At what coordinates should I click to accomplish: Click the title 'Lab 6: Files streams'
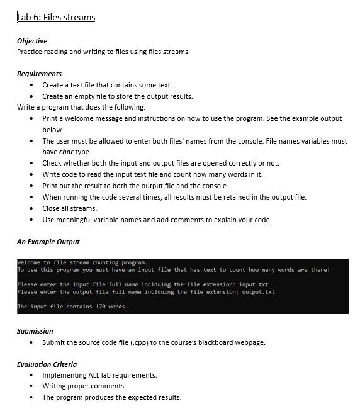[x=56, y=17]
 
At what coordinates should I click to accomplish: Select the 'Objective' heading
[x=32, y=41]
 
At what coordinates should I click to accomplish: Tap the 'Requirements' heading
[x=39, y=74]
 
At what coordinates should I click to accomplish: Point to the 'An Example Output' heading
[x=48, y=242]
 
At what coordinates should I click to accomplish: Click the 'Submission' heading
[x=35, y=330]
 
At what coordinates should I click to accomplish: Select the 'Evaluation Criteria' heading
[x=47, y=364]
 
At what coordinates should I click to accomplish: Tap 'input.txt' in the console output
[x=254, y=284]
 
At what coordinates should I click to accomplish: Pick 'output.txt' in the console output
[x=259, y=291]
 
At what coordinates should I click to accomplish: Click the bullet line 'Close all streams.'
[x=69, y=208]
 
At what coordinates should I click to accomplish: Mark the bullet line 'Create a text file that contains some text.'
[x=107, y=85]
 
